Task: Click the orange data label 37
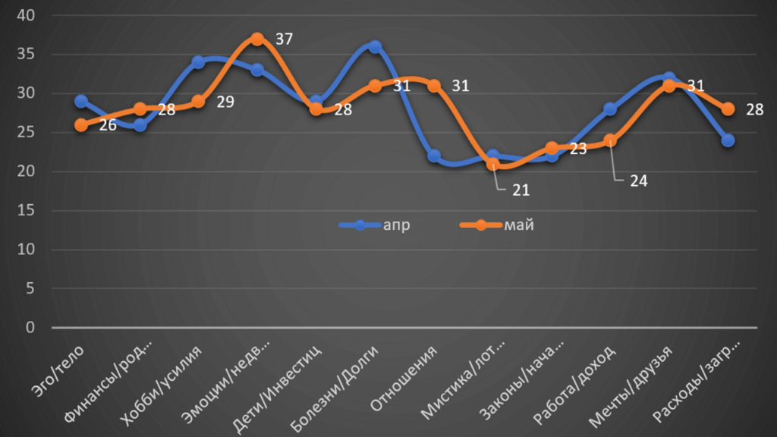(284, 38)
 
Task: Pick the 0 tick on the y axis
(30, 328)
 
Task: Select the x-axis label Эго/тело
(61, 372)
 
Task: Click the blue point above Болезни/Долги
(375, 47)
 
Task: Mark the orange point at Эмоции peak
(257, 39)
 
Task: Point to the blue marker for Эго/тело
(81, 102)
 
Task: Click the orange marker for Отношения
(433, 86)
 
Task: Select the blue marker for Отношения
(433, 156)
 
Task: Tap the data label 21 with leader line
(520, 189)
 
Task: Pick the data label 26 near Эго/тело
(107, 124)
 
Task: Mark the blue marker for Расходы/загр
(728, 140)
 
